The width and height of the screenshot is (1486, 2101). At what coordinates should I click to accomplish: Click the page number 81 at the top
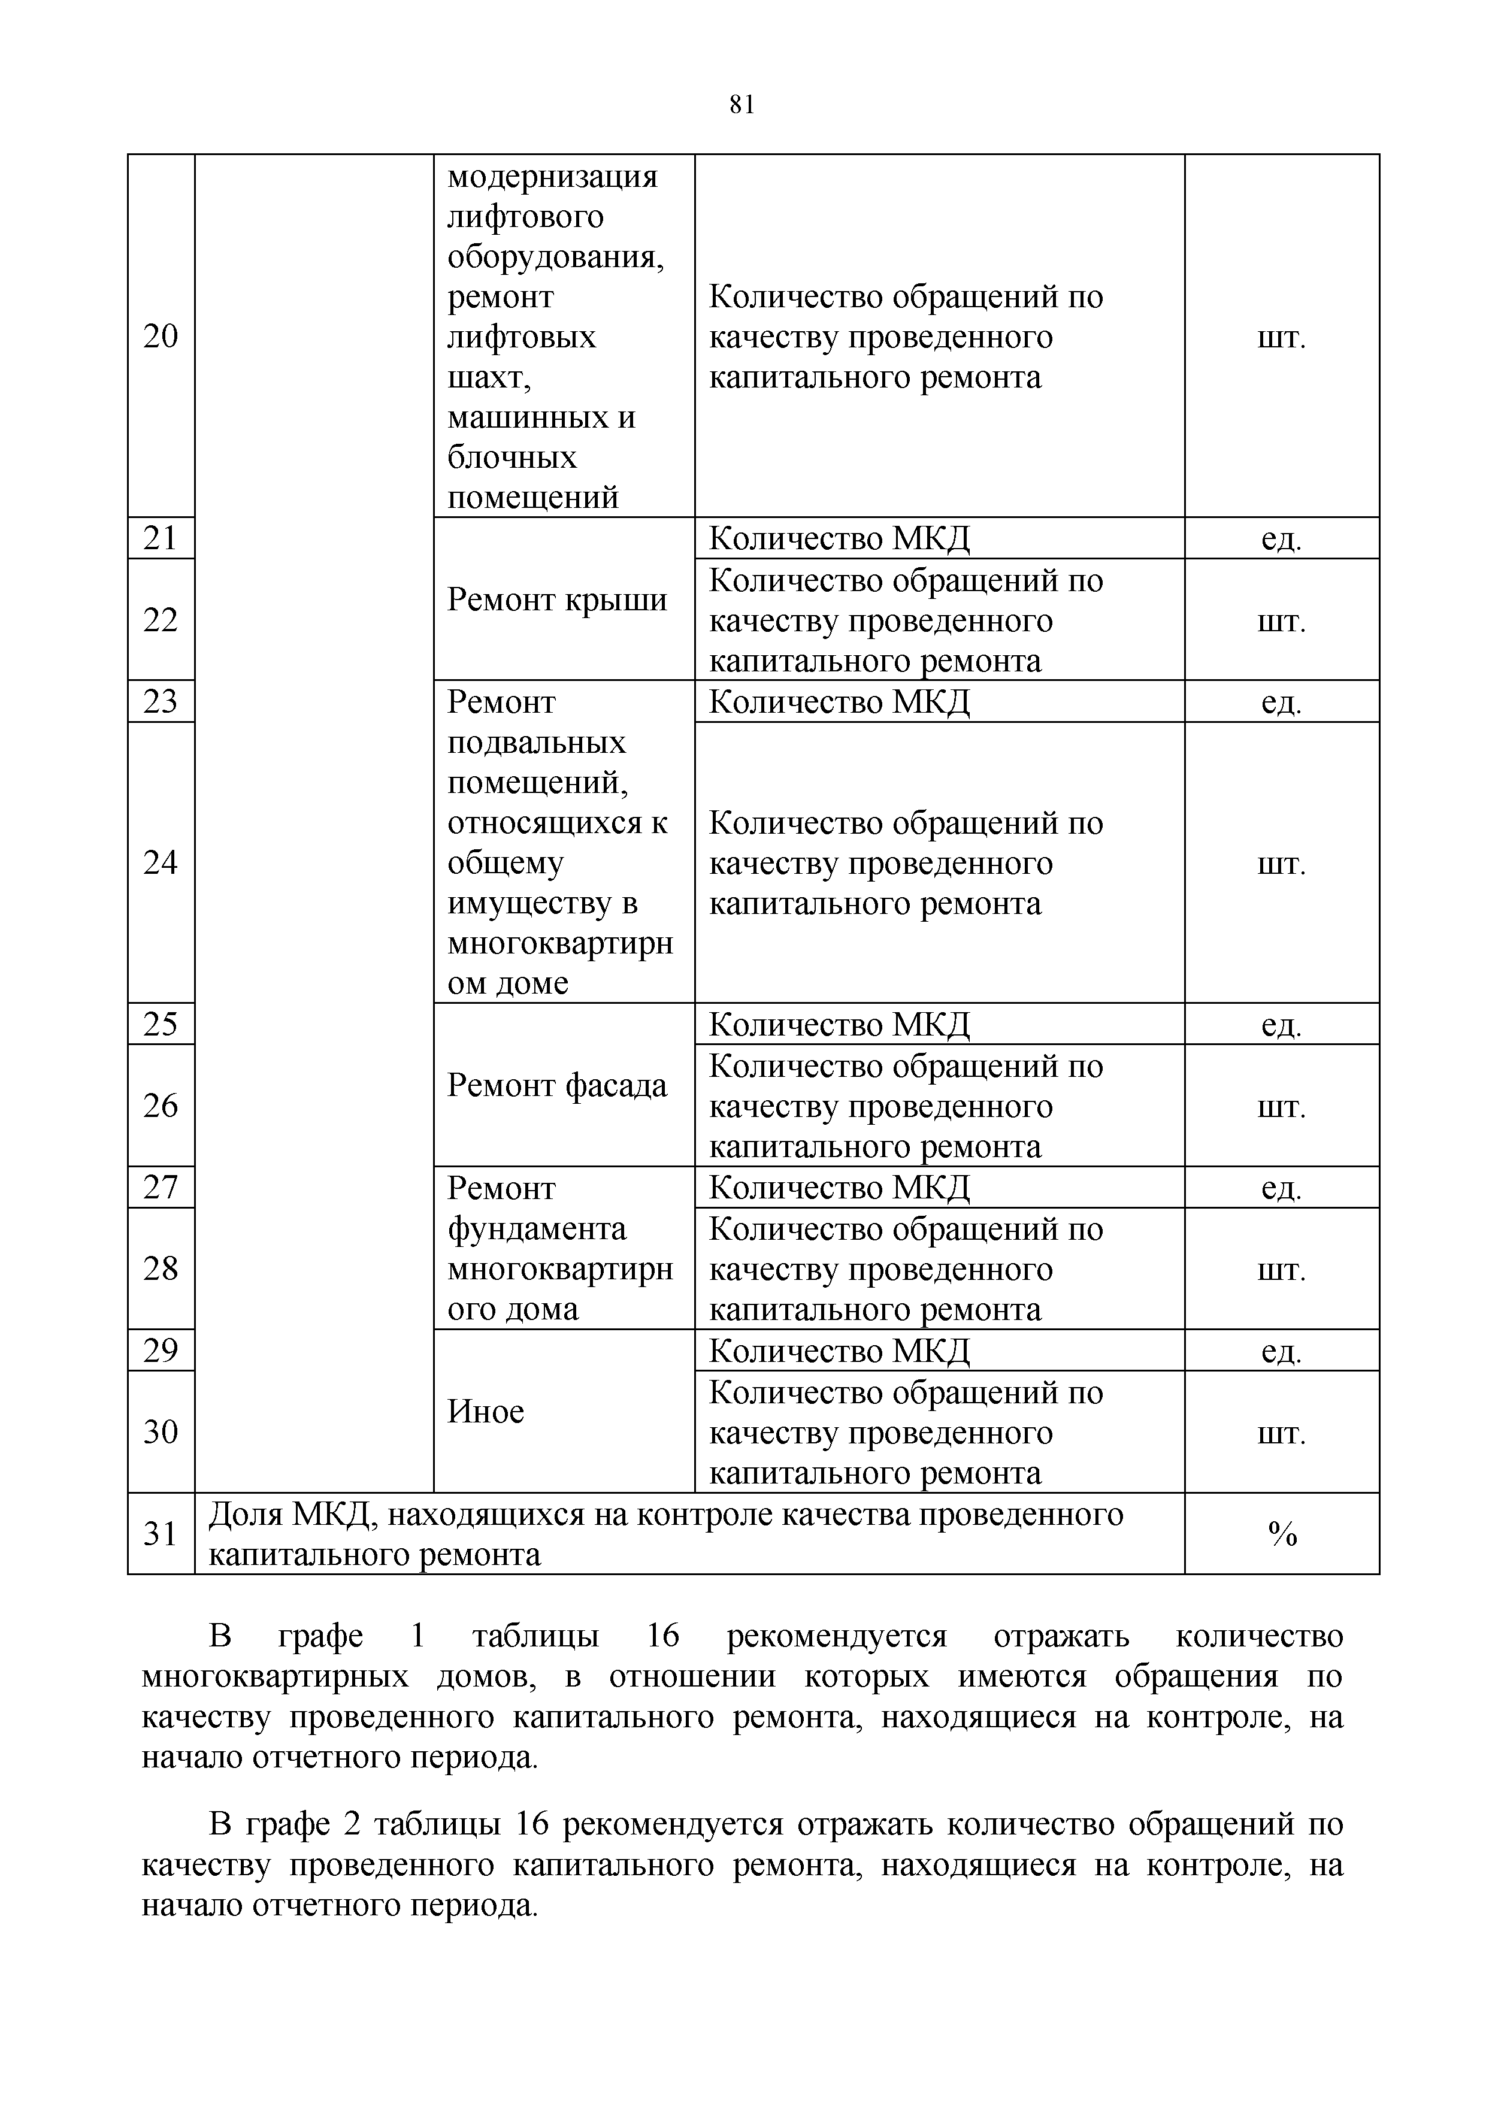pos(742,105)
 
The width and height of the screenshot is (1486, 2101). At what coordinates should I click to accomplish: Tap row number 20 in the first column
pos(161,337)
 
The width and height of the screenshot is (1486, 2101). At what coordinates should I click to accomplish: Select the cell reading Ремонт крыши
pos(557,600)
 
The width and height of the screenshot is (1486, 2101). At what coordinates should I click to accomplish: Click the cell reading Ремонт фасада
pos(557,1086)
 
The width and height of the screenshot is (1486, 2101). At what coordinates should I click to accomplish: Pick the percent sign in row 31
pos(1282,1534)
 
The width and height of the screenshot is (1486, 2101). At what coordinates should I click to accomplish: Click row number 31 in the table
pos(161,1534)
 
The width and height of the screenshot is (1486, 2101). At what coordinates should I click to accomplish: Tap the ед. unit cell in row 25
pos(1282,1025)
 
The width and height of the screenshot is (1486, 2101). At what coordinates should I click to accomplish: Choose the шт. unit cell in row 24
pos(1282,863)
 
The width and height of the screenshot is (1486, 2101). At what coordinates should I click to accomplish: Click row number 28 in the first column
pos(161,1269)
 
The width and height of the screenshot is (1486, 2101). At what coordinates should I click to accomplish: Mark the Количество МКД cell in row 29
pos(839,1351)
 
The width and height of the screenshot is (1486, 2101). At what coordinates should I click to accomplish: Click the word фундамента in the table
pos(537,1229)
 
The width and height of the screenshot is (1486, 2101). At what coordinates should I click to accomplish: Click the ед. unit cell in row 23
pos(1282,702)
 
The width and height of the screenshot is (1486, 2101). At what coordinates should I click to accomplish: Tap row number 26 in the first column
pos(161,1106)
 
